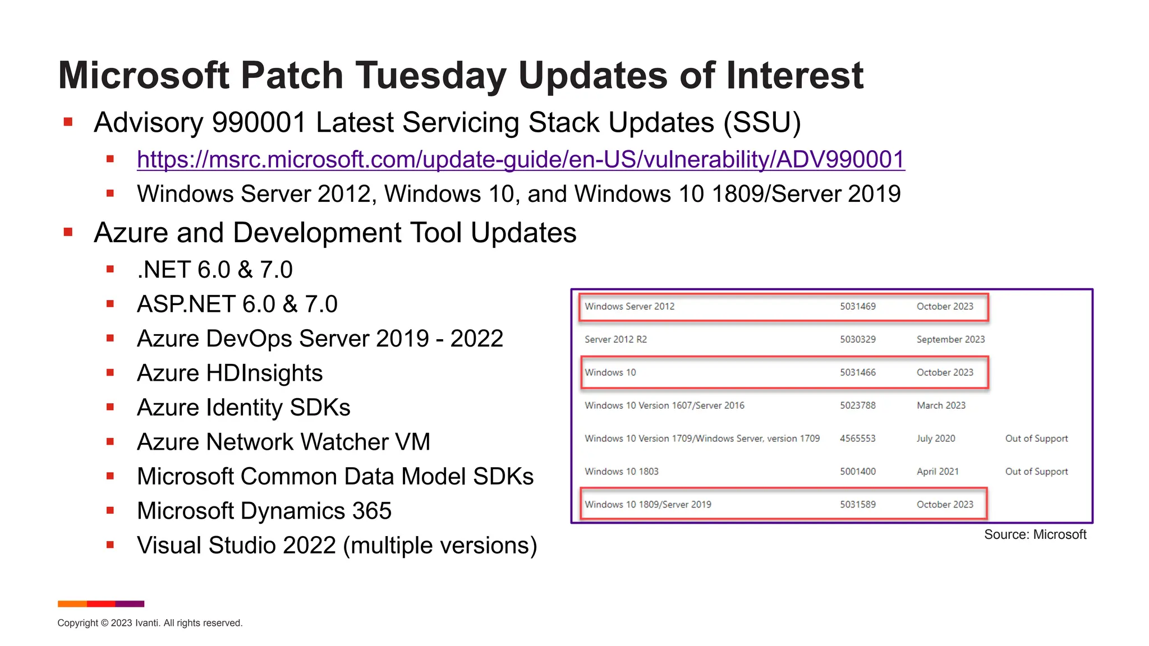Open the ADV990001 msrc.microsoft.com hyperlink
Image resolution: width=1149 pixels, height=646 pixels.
[x=521, y=160]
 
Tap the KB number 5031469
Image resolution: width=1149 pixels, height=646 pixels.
[x=857, y=307]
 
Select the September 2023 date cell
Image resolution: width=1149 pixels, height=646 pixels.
[x=950, y=339]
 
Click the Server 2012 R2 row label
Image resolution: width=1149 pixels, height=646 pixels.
[x=615, y=339]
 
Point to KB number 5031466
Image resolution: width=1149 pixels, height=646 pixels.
[x=857, y=372]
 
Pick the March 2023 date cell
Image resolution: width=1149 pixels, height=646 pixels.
[x=941, y=405]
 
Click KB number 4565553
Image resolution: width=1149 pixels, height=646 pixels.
[x=857, y=439]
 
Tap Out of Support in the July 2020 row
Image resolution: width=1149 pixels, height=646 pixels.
[x=1036, y=439]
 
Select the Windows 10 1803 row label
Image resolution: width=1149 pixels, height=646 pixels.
[x=621, y=472]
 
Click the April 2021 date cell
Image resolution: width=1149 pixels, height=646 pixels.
[x=937, y=472]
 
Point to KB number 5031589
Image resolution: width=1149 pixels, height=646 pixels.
[x=857, y=505]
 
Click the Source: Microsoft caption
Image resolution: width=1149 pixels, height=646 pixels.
[x=1035, y=534]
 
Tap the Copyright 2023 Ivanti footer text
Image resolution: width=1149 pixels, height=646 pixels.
[x=150, y=623]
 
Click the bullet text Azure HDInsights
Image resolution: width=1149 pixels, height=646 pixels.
[x=229, y=373]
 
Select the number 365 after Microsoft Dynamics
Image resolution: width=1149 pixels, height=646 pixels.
[x=371, y=511]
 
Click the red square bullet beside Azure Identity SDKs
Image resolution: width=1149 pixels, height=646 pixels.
[x=111, y=407]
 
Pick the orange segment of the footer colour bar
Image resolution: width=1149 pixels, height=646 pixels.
[x=72, y=604]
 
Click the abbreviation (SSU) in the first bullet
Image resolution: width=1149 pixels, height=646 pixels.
[x=762, y=123]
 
